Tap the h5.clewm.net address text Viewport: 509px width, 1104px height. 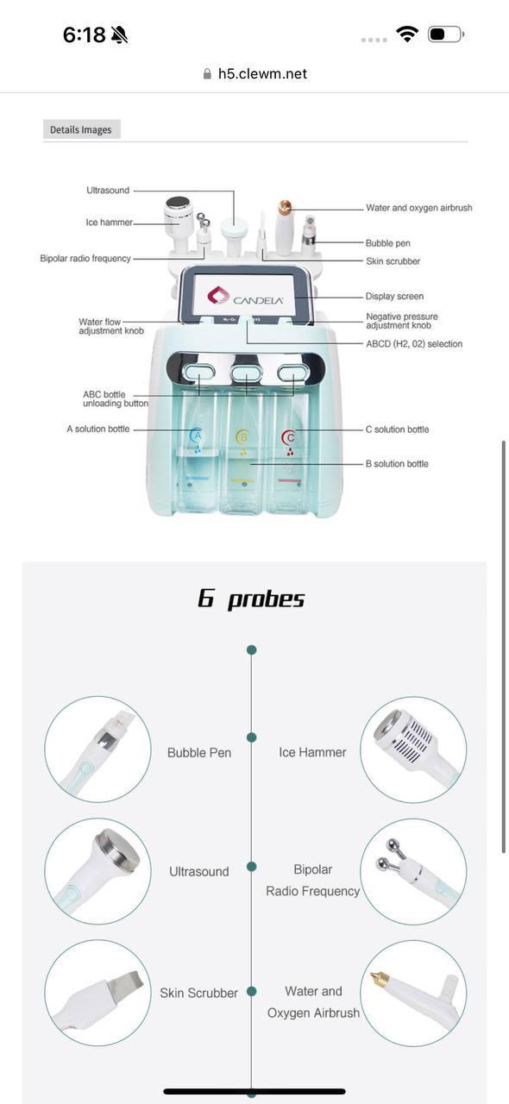pos(262,74)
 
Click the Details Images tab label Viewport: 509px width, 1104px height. pos(81,129)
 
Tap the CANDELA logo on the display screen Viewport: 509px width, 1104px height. pos(245,297)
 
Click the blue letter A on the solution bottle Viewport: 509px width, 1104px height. pos(198,436)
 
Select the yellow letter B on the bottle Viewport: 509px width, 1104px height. pos(242,436)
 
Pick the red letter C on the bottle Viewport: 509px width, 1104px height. pos(288,437)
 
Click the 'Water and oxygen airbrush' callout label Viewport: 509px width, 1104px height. pos(419,208)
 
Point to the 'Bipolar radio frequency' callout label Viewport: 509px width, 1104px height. pos(85,258)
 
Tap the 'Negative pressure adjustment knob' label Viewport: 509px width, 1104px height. pos(402,321)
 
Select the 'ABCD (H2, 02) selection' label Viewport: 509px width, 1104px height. pos(414,344)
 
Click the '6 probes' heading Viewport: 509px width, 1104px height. pos(251,599)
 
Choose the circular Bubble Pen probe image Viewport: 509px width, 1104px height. pos(97,750)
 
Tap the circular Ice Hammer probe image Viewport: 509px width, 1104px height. pos(413,750)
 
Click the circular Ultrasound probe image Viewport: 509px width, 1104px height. pos(97,871)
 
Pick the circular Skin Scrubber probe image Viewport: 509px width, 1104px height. pos(97,993)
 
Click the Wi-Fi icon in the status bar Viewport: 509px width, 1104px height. pos(407,34)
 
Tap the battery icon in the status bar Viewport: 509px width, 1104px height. pos(446,34)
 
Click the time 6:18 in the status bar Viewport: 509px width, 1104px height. pos(84,34)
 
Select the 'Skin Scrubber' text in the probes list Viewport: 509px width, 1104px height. pos(198,993)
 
